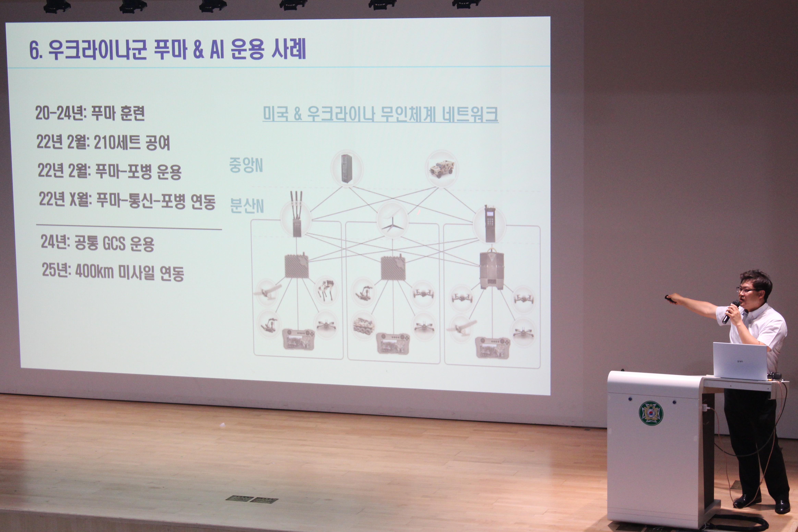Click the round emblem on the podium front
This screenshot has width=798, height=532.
point(651,413)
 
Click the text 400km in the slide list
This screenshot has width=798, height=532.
point(94,271)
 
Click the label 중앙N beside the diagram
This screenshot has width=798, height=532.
point(246,165)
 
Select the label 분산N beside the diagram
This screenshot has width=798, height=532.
point(247,206)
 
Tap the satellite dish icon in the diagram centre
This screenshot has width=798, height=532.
point(392,220)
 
